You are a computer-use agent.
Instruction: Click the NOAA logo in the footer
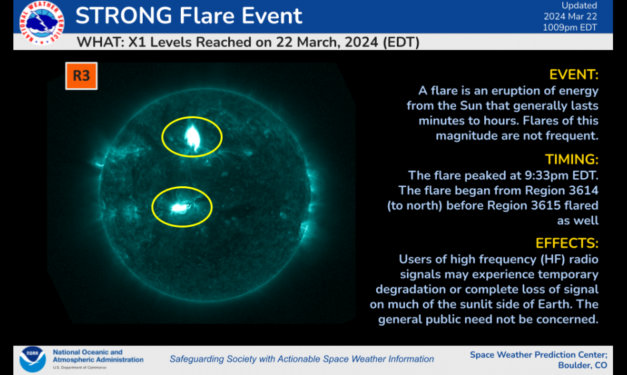(33, 358)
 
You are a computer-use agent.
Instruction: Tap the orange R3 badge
(81, 76)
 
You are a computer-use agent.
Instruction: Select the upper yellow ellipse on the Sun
(192, 136)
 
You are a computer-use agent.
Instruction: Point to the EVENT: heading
(573, 74)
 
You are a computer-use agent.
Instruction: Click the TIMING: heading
(572, 159)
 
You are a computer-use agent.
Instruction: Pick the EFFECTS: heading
(567, 243)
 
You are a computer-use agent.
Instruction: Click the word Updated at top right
(579, 6)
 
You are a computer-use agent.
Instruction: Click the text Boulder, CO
(582, 365)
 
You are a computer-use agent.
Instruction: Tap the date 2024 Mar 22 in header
(571, 17)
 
